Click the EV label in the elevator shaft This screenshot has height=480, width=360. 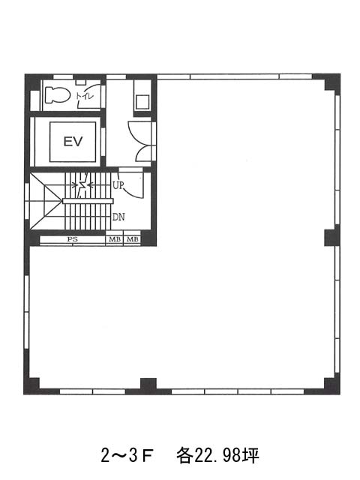coord(73,142)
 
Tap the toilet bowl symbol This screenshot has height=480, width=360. coord(56,95)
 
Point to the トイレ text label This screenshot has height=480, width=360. coord(85,96)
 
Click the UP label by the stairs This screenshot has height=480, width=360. coord(118,185)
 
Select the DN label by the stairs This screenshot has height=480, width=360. coord(118,217)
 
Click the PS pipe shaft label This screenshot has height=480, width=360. coord(73,239)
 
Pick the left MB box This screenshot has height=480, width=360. coord(115,239)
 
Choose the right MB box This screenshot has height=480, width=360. coord(132,239)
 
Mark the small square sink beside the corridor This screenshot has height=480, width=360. coord(142,102)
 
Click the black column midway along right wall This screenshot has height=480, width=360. coord(332,238)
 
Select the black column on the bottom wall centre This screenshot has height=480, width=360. coord(148,385)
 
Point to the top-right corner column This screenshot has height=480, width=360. coord(331,82)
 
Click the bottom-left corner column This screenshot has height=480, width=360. coord(31,385)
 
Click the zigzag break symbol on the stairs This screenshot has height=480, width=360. coord(82,185)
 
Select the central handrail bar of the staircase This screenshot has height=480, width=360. coord(88,201)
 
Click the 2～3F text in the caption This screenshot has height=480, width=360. coord(127,455)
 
